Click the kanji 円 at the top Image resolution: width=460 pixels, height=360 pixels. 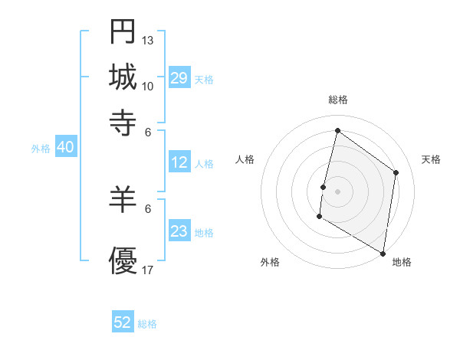(123, 31)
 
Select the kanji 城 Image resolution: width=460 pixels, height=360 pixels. (123, 77)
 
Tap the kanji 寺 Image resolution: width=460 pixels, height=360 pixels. (123, 122)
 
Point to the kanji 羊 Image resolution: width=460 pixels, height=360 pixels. (123, 200)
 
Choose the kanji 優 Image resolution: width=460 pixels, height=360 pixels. (123, 260)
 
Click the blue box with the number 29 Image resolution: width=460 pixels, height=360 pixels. (179, 78)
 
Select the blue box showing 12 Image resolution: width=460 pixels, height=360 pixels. (179, 162)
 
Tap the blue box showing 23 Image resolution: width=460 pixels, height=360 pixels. (179, 231)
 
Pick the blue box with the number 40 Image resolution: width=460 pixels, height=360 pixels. (65, 147)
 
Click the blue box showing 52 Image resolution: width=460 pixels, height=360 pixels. (123, 322)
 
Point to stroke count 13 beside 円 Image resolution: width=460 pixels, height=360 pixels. (148, 40)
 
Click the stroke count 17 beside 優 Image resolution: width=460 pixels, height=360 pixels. (148, 270)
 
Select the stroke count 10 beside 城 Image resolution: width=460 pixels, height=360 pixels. (148, 86)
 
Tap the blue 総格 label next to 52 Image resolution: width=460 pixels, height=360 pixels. (147, 324)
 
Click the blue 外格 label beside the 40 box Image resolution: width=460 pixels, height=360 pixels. (41, 149)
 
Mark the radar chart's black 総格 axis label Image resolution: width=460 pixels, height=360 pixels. (337, 100)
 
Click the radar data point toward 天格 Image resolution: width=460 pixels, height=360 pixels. (396, 172)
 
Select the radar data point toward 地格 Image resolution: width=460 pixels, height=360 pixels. (383, 253)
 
